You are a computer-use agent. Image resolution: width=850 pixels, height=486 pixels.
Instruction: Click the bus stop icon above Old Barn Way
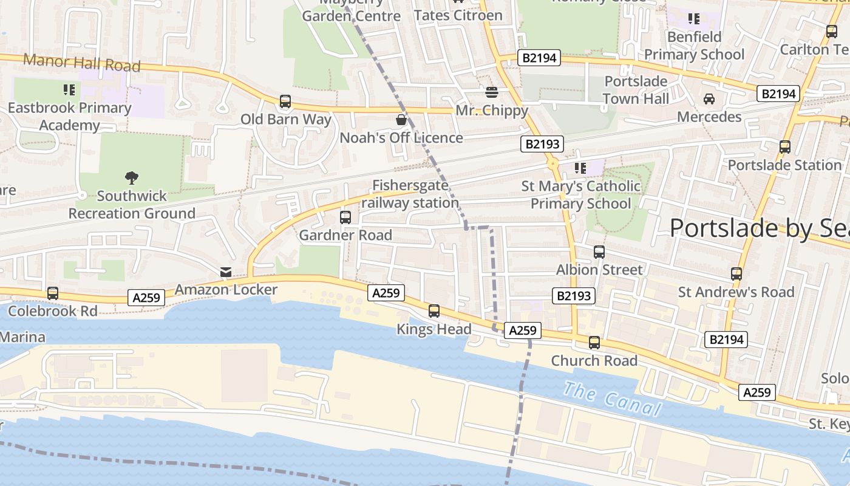[285, 101]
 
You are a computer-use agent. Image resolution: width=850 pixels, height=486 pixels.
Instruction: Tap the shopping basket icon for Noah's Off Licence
[401, 119]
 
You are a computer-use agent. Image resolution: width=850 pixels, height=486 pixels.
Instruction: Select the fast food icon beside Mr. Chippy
[492, 92]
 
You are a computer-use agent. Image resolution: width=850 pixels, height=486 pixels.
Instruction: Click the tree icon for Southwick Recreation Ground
[132, 177]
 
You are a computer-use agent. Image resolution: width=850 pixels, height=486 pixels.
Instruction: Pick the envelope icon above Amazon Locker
[226, 272]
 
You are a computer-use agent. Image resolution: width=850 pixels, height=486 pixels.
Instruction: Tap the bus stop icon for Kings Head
[434, 311]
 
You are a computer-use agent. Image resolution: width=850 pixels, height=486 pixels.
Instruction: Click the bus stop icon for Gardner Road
[345, 217]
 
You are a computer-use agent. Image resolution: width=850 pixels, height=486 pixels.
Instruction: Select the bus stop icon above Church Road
[594, 343]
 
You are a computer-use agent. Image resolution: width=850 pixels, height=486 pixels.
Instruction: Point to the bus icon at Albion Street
[599, 252]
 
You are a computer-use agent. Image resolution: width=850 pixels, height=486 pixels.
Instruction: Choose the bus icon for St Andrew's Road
[736, 274]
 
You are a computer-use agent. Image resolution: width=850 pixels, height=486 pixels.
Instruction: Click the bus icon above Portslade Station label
[785, 146]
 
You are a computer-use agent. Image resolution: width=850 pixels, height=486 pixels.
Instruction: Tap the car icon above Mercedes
[709, 98]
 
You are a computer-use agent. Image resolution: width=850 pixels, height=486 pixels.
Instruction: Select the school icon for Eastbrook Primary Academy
[69, 90]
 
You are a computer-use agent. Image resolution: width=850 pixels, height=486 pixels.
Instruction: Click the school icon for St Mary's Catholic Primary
[580, 168]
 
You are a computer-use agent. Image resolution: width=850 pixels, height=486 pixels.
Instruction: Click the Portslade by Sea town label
[759, 228]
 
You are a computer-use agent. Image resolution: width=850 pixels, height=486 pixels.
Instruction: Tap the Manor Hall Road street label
[82, 63]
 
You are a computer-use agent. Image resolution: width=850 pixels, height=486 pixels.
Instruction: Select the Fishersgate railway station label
[410, 194]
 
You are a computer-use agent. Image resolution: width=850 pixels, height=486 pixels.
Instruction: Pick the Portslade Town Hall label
[636, 90]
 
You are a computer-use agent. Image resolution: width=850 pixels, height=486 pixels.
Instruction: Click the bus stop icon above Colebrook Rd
[53, 293]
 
